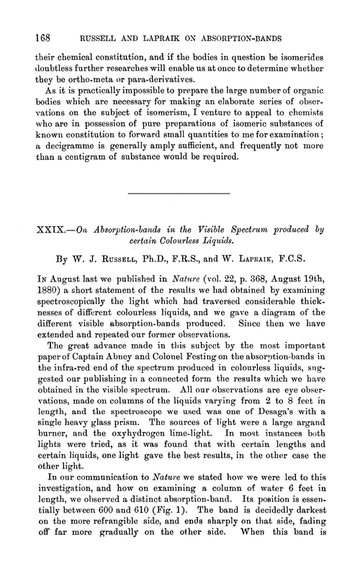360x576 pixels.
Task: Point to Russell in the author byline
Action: [x=104, y=256]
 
